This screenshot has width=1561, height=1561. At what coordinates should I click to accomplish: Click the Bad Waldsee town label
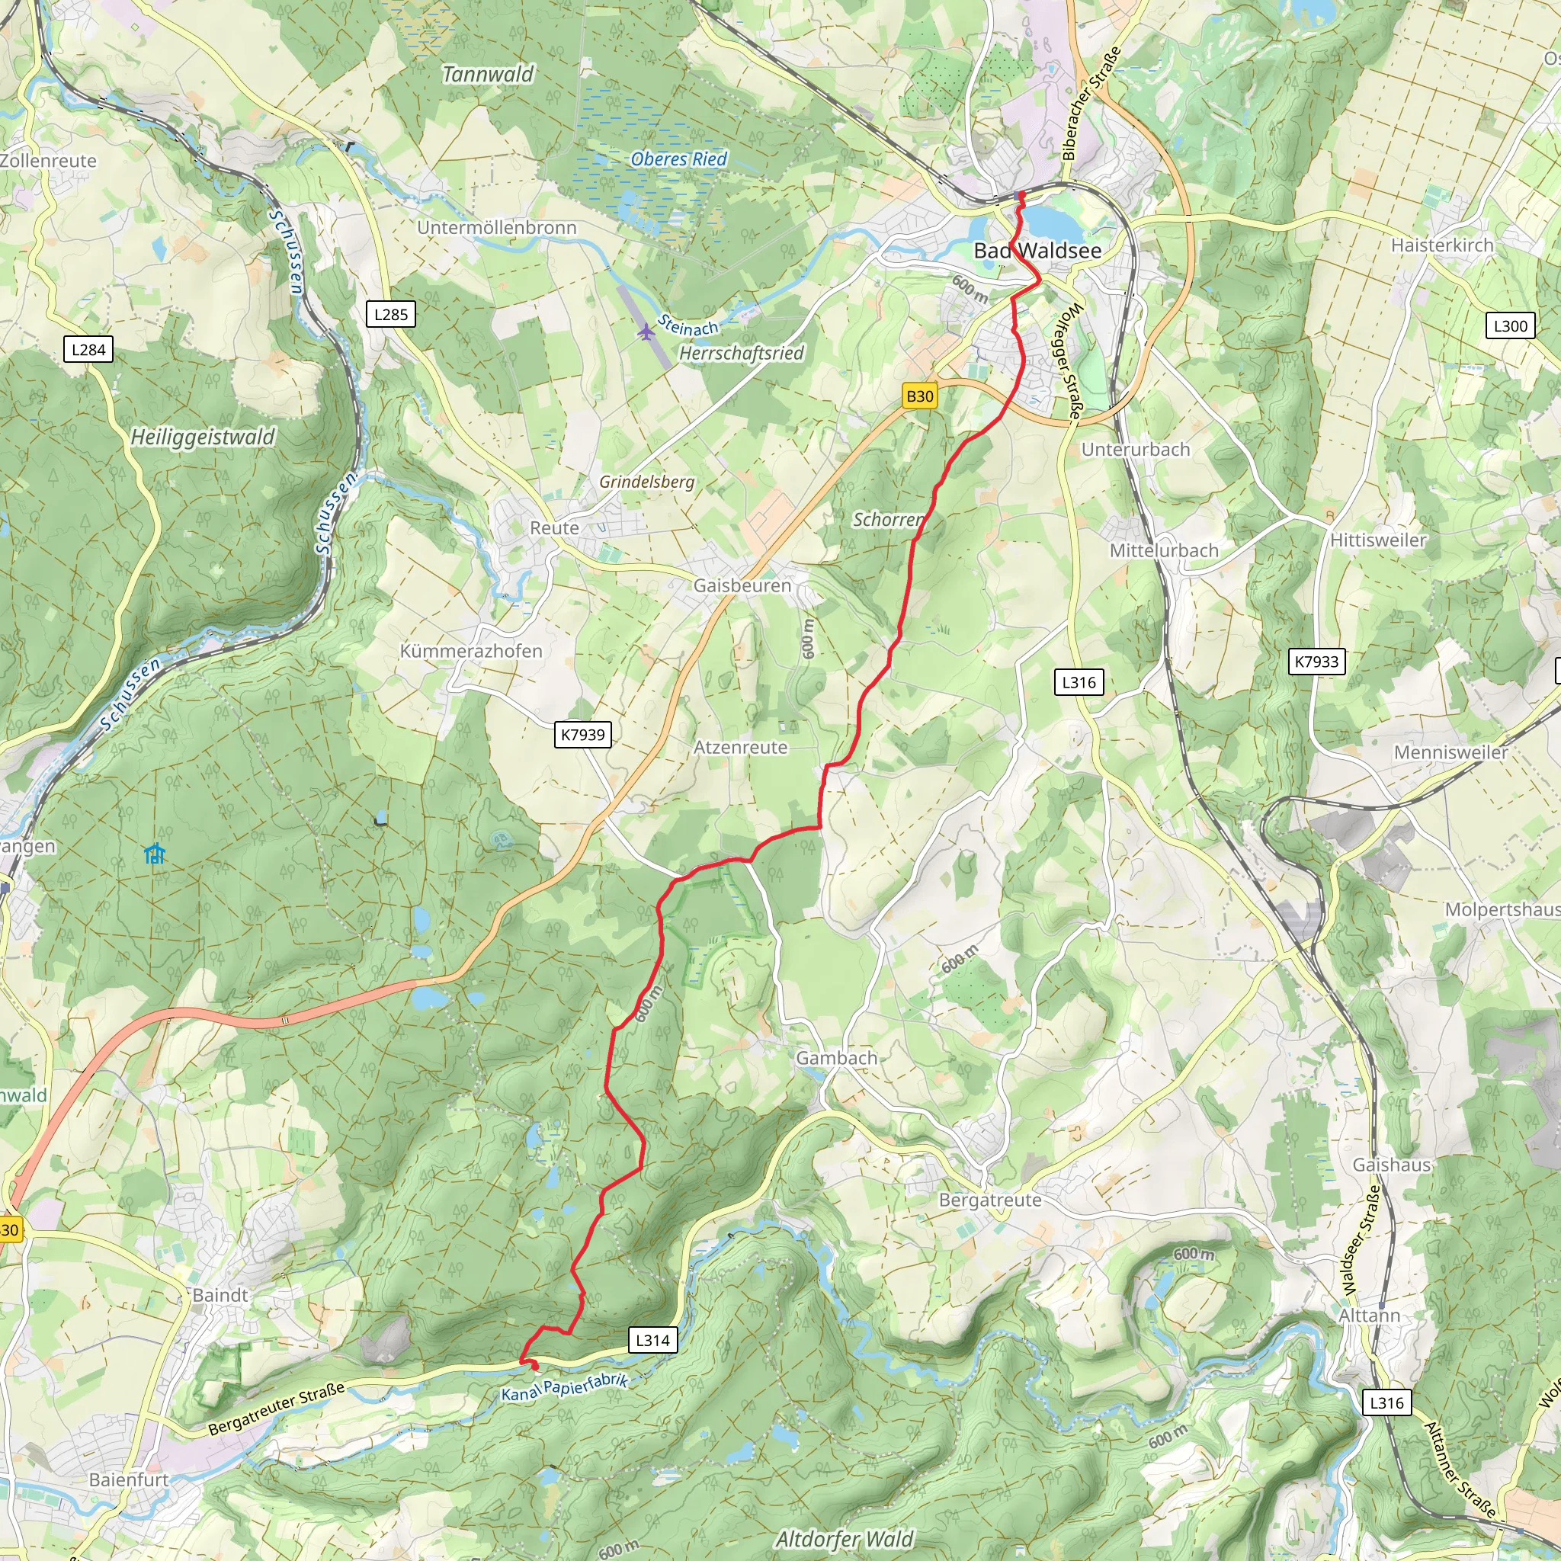(1037, 251)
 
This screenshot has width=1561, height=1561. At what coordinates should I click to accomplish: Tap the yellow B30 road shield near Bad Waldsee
(919, 396)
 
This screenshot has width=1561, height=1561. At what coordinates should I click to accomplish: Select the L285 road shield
(391, 314)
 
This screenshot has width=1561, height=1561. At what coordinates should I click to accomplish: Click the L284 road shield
(88, 350)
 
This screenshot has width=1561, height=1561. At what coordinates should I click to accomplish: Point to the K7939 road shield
(582, 735)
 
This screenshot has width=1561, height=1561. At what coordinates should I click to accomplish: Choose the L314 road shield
(652, 1341)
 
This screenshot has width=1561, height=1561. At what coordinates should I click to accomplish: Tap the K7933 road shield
(1316, 662)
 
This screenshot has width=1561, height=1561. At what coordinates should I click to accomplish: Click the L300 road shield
(1510, 325)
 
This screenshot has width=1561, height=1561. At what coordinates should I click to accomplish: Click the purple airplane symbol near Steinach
(646, 332)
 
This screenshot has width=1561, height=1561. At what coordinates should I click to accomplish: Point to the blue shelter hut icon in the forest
(154, 853)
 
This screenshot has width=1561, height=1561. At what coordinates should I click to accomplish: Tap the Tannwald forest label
(488, 75)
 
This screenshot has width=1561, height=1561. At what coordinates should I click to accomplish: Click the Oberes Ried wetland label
(678, 159)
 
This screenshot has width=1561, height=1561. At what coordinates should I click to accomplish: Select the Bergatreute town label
(990, 1200)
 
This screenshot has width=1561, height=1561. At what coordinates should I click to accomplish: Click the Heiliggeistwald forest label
(203, 437)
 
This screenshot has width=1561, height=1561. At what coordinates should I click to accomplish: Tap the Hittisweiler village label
(1378, 540)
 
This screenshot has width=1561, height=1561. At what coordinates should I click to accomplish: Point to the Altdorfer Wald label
(845, 1539)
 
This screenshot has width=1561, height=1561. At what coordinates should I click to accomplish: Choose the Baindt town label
(220, 1294)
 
